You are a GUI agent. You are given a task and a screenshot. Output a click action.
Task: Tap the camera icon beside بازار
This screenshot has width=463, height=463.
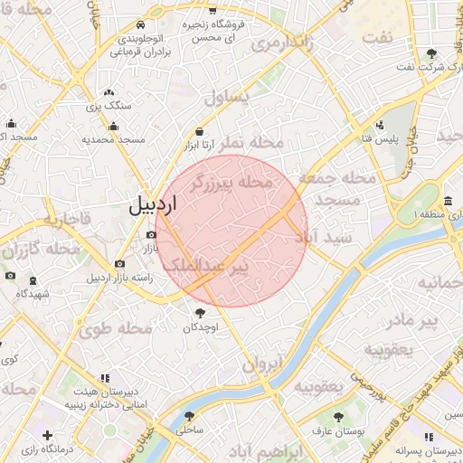pos(150,235)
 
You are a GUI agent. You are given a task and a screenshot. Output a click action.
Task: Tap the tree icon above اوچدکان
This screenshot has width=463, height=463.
pos(199,313)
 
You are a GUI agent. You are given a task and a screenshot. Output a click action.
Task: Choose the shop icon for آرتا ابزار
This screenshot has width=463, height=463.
pos(198,131)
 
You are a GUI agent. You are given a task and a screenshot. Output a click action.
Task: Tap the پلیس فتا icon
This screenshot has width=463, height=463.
pos(379,125)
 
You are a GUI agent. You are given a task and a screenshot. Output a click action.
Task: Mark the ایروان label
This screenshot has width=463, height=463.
pos(262,364)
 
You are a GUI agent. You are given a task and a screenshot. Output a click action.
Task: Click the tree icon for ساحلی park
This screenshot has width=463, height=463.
pos(189,417)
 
